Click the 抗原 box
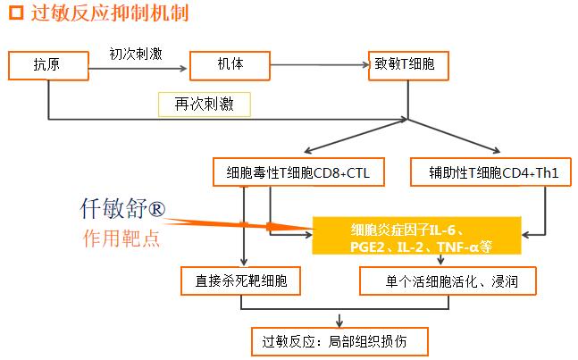coord(48,65)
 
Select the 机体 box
coord(230,65)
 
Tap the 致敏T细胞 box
coord(408,65)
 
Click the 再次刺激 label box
coord(205,105)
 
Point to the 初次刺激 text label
coord(136,54)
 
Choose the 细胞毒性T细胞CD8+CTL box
coord(298,172)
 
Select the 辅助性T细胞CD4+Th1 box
coord(490,172)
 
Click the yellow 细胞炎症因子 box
coord(416,236)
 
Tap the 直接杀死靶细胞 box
coord(240,280)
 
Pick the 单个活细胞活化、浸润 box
coord(448,280)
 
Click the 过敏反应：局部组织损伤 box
coord(339,341)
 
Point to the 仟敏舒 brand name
coord(113,208)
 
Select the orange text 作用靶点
coord(121,238)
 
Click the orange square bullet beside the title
coord(16,13)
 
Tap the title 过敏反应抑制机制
coord(110,13)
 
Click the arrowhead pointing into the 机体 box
coord(183,68)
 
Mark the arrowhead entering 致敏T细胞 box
coord(365,65)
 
